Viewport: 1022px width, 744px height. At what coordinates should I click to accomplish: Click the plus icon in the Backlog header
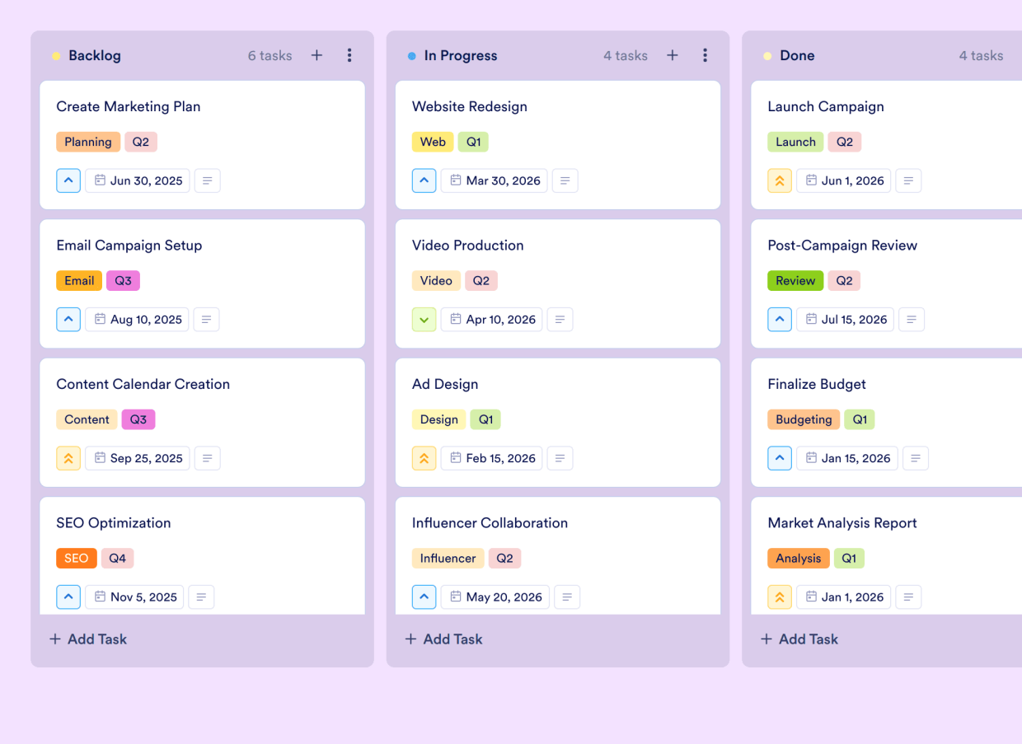coord(316,55)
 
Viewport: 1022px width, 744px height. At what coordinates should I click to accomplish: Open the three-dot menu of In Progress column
coord(705,55)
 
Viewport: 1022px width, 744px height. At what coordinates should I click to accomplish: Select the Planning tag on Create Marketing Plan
coord(88,142)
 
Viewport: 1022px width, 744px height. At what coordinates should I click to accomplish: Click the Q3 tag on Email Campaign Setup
coord(123,281)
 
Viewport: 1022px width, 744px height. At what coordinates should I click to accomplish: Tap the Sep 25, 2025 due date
coord(138,458)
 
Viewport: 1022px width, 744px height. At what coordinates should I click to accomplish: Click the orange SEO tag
coord(76,559)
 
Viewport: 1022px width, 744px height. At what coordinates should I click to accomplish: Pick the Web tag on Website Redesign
coord(432,142)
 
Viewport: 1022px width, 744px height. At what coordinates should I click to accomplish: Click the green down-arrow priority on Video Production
coord(424,320)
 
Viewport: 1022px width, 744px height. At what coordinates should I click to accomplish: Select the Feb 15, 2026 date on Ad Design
coord(492,458)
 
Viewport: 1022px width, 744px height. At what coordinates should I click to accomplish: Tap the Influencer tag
coord(448,559)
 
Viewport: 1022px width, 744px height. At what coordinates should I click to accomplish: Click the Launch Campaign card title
coord(825,106)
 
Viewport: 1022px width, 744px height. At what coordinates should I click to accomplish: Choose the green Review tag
coord(795,281)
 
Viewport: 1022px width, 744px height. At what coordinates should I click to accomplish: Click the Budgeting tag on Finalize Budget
coord(803,419)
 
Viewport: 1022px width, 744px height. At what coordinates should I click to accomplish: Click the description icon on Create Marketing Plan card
coord(208,180)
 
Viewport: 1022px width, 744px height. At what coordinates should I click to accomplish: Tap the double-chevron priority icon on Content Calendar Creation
coord(68,458)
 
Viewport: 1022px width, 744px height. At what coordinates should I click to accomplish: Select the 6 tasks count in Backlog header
coord(270,56)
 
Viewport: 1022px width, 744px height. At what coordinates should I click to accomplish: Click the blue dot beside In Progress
coord(411,56)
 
